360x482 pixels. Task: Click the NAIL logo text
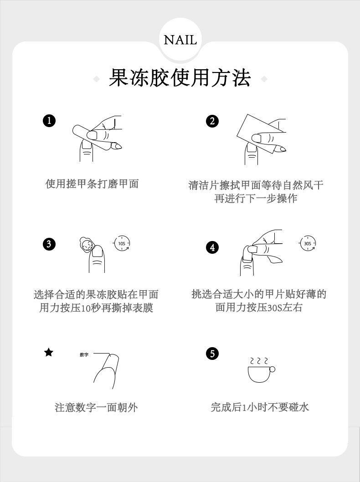pos(180,40)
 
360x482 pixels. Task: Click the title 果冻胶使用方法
pos(180,78)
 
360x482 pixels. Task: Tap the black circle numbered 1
pos(49,120)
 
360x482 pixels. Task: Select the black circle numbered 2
pos(212,121)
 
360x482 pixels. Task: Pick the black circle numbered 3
pos(49,244)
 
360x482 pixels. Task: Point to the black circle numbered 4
pos(212,247)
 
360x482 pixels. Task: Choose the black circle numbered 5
pos(212,354)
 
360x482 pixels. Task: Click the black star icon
pos(49,352)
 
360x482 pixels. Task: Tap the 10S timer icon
pos(122,243)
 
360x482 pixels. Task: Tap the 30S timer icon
pos(308,243)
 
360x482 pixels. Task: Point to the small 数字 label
pos(84,355)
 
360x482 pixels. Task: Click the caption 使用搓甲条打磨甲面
pos(92,184)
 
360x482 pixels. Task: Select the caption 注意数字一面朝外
pos(96,408)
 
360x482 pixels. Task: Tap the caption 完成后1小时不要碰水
pos(260,407)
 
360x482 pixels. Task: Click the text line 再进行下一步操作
pos(256,198)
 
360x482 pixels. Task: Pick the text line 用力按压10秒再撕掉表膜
pos(96,308)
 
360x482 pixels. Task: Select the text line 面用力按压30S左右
pos(259,308)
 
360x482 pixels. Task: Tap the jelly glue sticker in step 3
pos(86,245)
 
